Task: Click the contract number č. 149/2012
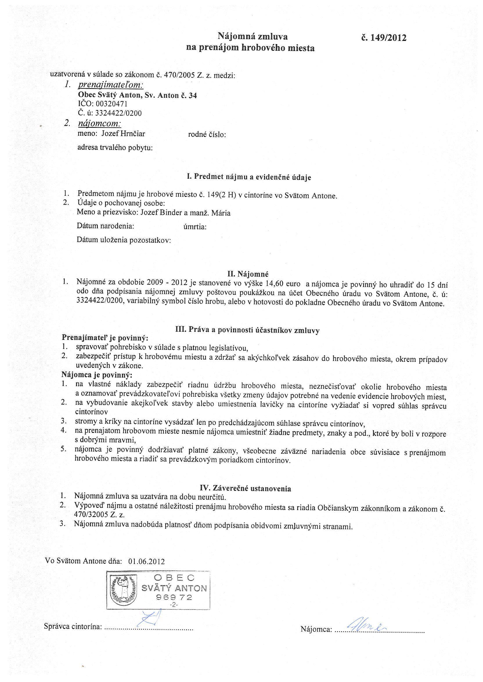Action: (x=384, y=38)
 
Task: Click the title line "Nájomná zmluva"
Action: (x=253, y=37)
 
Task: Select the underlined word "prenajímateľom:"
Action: (x=111, y=85)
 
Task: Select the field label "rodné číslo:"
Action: (x=207, y=135)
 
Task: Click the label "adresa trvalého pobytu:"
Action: (x=115, y=147)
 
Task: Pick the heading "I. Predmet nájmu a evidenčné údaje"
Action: (x=249, y=177)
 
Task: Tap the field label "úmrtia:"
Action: (x=195, y=227)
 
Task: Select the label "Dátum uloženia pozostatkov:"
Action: (x=124, y=240)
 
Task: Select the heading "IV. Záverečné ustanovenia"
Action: (x=245, y=488)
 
